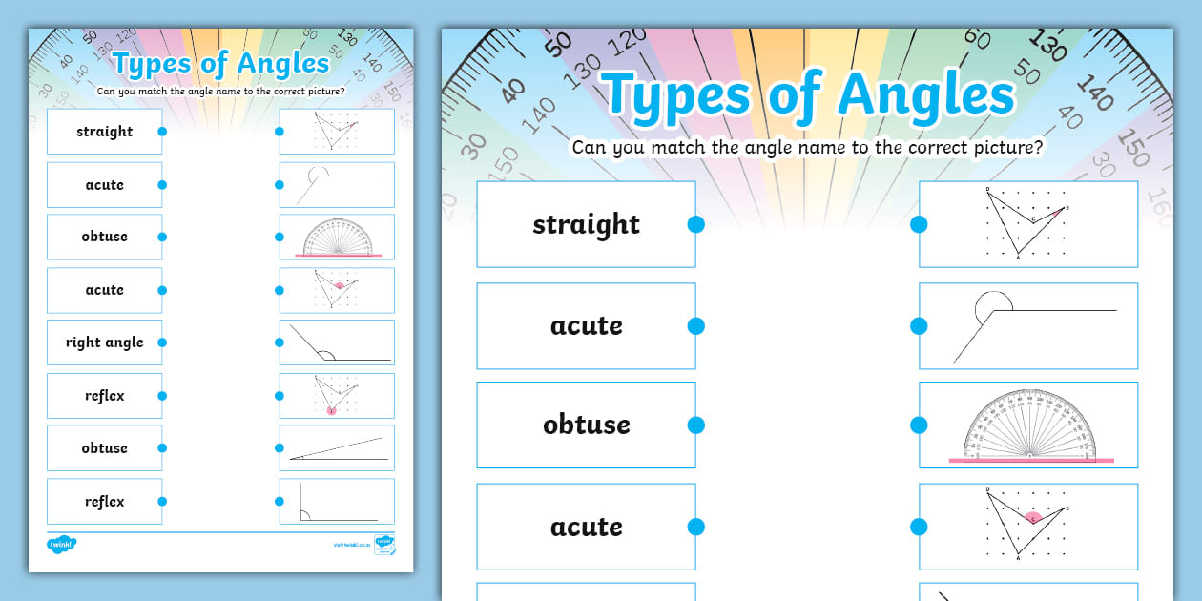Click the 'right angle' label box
point(105,342)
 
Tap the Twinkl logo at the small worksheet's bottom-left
point(61,545)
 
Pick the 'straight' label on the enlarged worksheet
point(586,224)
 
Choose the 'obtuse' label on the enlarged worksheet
point(586,425)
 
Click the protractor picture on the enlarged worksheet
point(1029,425)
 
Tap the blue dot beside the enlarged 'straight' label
point(695,224)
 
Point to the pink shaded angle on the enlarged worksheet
point(1033,517)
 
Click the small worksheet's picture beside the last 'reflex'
point(337,501)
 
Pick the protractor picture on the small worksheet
point(337,237)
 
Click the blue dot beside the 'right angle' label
point(162,342)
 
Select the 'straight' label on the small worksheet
point(105,132)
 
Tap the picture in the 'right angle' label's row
point(337,342)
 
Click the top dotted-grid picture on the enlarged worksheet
point(1028,224)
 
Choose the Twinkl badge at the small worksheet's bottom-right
point(384,545)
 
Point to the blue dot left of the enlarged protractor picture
point(919,425)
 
